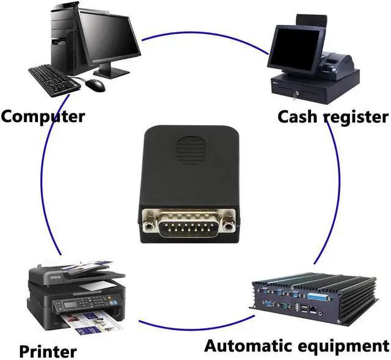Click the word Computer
click(x=43, y=115)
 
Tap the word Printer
click(x=48, y=351)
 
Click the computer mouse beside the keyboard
click(x=95, y=84)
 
